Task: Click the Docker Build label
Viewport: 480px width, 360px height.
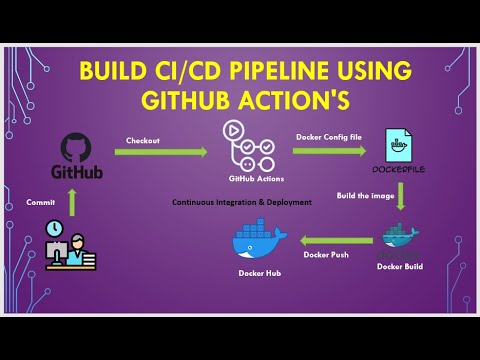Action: pyautogui.click(x=400, y=267)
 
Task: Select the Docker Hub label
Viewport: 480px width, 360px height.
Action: pyautogui.click(x=257, y=272)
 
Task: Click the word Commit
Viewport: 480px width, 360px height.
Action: pyautogui.click(x=42, y=202)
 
